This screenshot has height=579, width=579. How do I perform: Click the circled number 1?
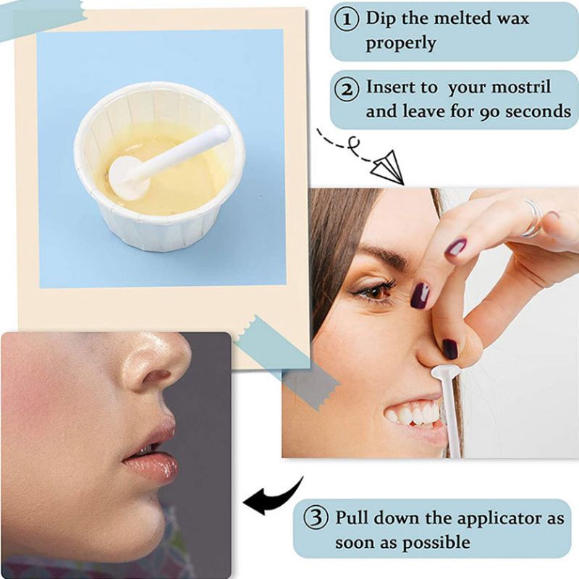click(347, 20)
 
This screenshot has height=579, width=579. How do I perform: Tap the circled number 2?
click(347, 89)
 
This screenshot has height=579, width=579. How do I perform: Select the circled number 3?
click(316, 517)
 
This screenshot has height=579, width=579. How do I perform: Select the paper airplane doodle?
click(386, 167)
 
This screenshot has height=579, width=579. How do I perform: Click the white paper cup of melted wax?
click(159, 167)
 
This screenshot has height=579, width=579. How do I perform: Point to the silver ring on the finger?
click(533, 218)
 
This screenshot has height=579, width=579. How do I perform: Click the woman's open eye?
click(373, 292)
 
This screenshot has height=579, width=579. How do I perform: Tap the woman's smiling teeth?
click(413, 413)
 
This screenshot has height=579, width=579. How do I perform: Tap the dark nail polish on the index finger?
click(420, 296)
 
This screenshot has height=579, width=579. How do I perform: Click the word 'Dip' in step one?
click(380, 19)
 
